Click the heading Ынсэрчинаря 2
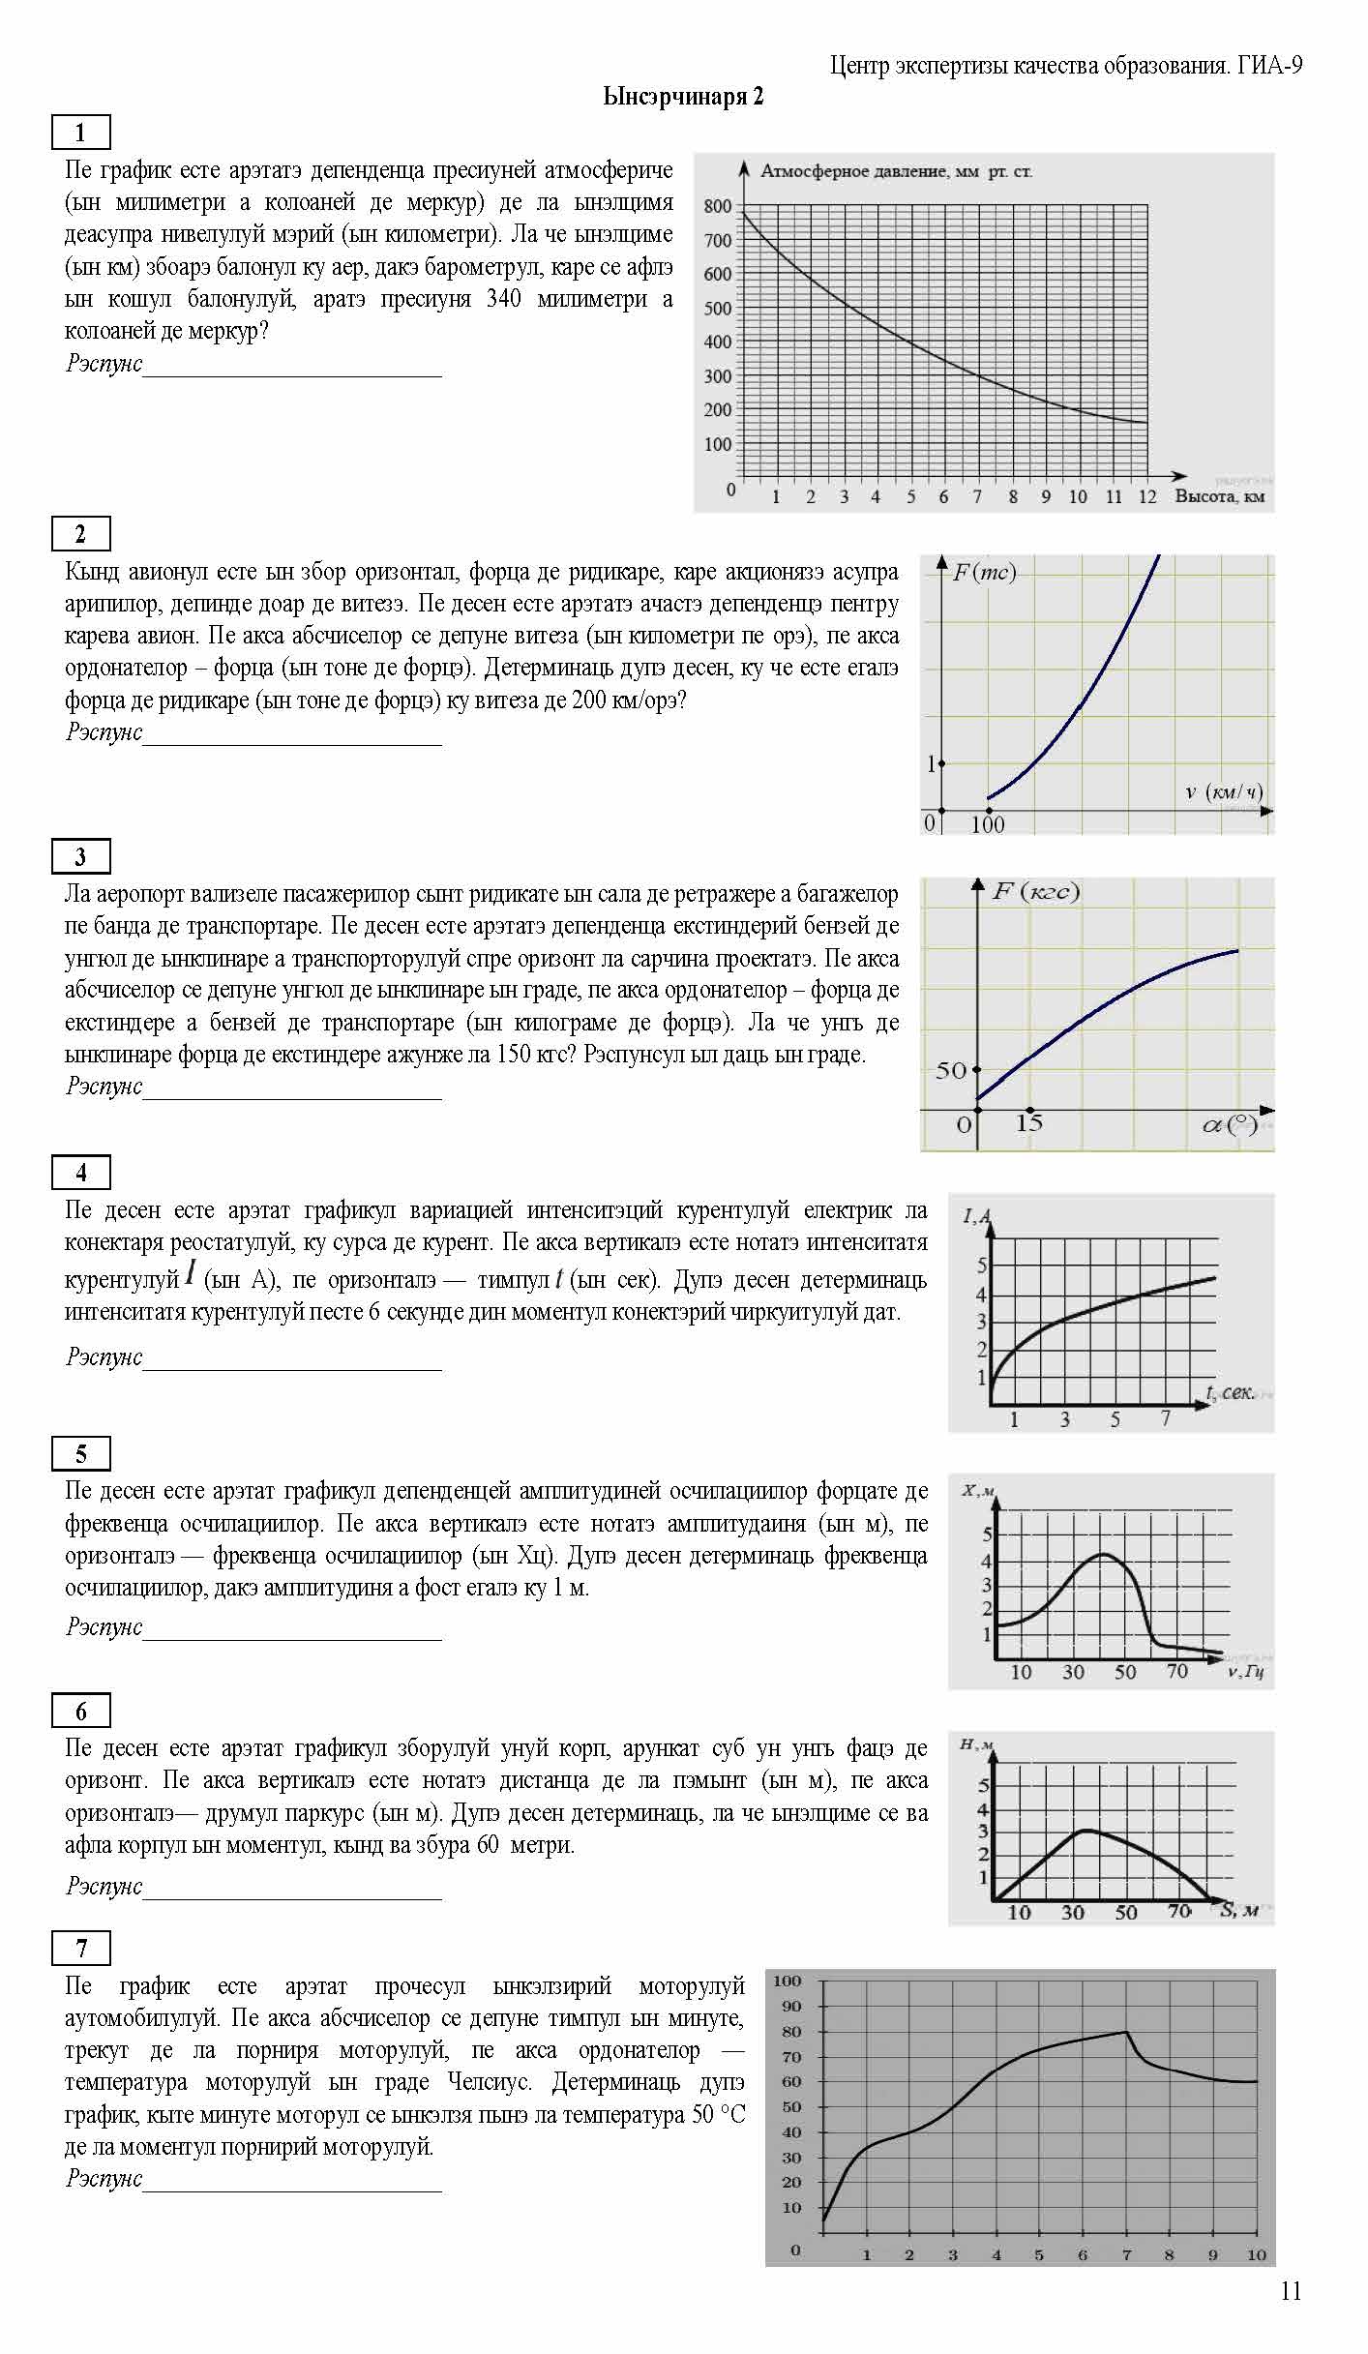(683, 97)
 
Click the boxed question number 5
(80, 1453)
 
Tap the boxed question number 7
(80, 1948)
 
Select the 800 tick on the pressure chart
(717, 206)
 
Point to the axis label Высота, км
(1219, 496)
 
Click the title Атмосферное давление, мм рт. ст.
(896, 172)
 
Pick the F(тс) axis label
(984, 573)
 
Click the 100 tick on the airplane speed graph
(987, 824)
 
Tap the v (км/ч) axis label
(1224, 792)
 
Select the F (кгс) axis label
(1035, 891)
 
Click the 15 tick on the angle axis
(1029, 1123)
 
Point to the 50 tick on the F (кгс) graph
(951, 1070)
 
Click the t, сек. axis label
(1230, 1392)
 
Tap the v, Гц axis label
(1246, 1672)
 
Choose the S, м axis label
(1239, 1910)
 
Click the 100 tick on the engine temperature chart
(787, 1981)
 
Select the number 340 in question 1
(503, 299)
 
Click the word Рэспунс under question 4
(104, 1356)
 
